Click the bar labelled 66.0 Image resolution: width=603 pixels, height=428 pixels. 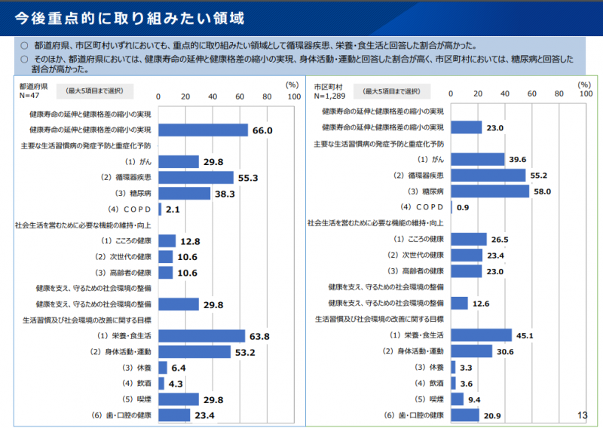tap(203, 130)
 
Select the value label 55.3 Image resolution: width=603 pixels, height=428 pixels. tap(248, 178)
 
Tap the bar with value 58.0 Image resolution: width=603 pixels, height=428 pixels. tap(490, 191)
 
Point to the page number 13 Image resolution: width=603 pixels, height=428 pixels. tap(582, 415)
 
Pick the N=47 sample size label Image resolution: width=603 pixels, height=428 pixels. tap(30, 96)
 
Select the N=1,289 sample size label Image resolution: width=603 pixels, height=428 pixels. tap(329, 96)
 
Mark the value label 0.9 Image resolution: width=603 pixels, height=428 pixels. tap(463, 207)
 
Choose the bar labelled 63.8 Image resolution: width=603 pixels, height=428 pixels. tap(201, 336)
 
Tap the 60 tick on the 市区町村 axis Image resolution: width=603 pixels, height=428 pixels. tap(532, 93)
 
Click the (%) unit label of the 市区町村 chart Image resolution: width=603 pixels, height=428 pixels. tap(584, 85)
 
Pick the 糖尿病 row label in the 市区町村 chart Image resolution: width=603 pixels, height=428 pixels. tap(427, 191)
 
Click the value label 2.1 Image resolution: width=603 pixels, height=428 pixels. tap(172, 209)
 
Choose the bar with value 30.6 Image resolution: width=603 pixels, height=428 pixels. tap(471, 351)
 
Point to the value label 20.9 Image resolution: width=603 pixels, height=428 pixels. tap(493, 415)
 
